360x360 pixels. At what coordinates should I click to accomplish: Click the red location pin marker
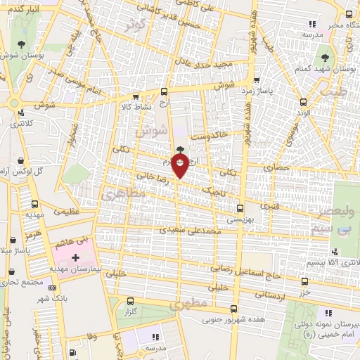[x=181, y=167]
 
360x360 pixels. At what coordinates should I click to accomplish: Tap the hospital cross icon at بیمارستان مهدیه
[x=76, y=258]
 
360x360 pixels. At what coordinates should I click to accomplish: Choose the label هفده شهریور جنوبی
[x=211, y=321]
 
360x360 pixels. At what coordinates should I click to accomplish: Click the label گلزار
[x=129, y=310]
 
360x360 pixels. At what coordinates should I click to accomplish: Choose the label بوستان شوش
[x=19, y=54]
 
